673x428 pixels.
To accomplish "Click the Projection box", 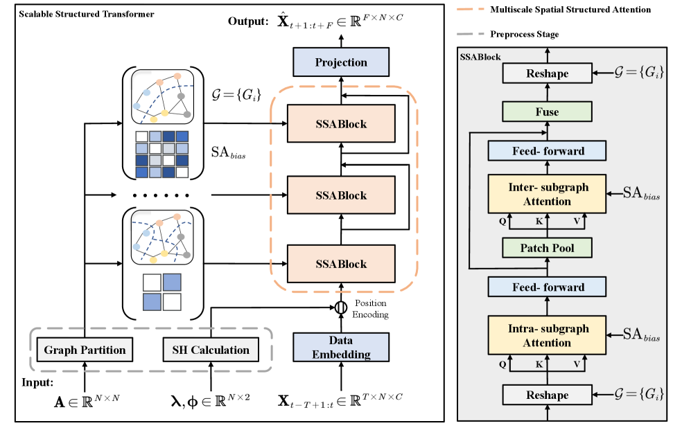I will tap(341, 62).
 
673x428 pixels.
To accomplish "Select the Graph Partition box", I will tap(85, 350).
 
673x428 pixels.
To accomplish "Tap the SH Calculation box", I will tap(210, 350).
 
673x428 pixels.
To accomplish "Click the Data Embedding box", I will tap(341, 348).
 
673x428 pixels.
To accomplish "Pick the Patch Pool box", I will tap(548, 248).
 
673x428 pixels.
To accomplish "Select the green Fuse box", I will tap(548, 112).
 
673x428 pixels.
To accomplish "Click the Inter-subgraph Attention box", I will tap(548, 194).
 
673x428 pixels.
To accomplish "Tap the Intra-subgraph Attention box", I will tap(548, 335).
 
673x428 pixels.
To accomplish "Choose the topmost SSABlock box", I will tap(341, 125).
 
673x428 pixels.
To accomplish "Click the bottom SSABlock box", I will tap(341, 264).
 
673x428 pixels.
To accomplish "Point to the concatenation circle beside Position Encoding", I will tap(341, 307).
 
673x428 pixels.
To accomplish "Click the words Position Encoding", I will tap(370, 308).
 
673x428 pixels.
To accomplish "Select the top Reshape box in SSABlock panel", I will tap(548, 73).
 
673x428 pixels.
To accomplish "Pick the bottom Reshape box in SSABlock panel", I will tap(548, 395).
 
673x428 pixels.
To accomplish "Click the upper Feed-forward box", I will tap(548, 151).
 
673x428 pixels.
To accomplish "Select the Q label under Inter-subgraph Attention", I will tap(502, 224).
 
